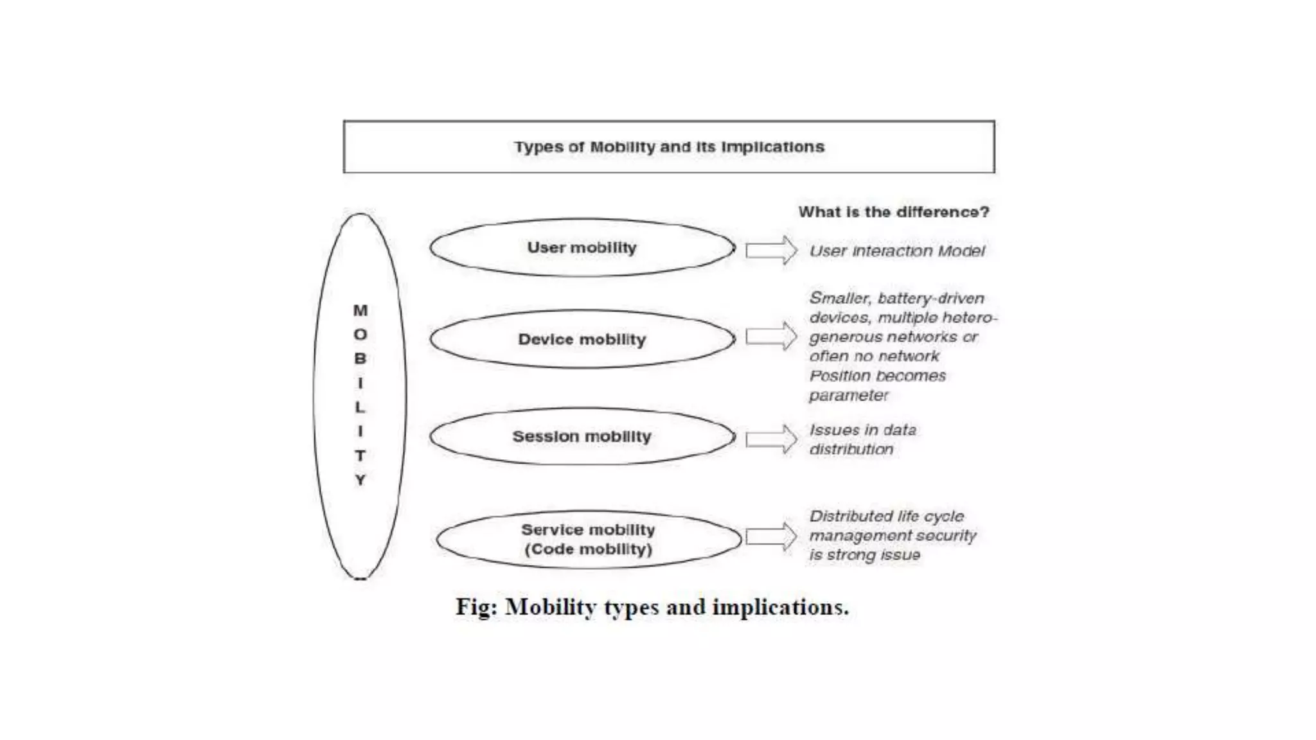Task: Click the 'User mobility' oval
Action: pyautogui.click(x=582, y=248)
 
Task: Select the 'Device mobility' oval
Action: pyautogui.click(x=582, y=339)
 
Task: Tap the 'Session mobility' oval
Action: pyautogui.click(x=582, y=437)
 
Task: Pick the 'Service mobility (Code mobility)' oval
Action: pyautogui.click(x=588, y=540)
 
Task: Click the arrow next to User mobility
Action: pyautogui.click(x=771, y=250)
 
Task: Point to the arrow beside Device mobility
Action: pyautogui.click(x=771, y=337)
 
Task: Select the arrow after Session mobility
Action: pyautogui.click(x=771, y=439)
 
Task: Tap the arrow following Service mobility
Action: pyautogui.click(x=771, y=537)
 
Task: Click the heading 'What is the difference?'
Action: pyautogui.click(x=894, y=212)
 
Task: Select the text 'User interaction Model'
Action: pyautogui.click(x=896, y=251)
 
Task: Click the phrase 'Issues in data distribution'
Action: pyautogui.click(x=862, y=439)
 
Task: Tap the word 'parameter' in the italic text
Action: pyautogui.click(x=848, y=396)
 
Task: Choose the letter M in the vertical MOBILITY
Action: pyautogui.click(x=360, y=311)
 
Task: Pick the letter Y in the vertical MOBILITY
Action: pyautogui.click(x=360, y=480)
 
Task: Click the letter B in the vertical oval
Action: pyautogui.click(x=360, y=359)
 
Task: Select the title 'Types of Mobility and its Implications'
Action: pyautogui.click(x=669, y=147)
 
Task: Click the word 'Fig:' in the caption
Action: pyautogui.click(x=476, y=607)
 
